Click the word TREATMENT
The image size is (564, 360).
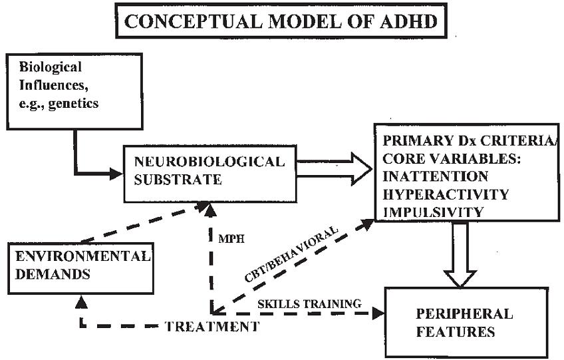211,326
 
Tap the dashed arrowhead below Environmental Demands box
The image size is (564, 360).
80,301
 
